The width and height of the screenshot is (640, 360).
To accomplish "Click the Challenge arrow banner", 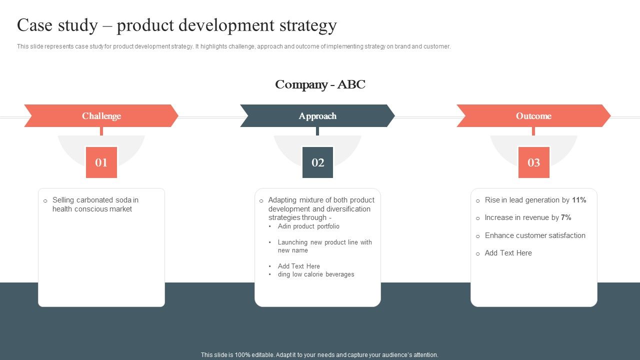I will (101, 116).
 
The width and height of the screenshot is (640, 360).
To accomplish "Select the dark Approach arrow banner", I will (317, 116).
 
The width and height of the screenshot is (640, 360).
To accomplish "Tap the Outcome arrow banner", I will (533, 116).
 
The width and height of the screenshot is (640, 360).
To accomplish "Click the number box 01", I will (101, 162).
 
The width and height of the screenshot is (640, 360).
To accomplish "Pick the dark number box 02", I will (317, 162).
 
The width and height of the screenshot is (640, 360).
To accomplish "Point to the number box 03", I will (533, 162).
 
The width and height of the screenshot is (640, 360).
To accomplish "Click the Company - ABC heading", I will (320, 84).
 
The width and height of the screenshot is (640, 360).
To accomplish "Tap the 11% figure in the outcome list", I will (579, 200).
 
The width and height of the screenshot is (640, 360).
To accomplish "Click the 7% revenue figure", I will (566, 217).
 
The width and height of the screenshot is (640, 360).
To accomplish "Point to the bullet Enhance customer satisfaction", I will (535, 235).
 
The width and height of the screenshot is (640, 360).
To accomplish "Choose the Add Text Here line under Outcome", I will (508, 253).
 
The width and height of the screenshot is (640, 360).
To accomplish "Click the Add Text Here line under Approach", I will (299, 266).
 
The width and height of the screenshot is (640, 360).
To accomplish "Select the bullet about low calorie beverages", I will (316, 274).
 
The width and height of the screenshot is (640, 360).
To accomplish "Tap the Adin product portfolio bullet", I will (308, 226).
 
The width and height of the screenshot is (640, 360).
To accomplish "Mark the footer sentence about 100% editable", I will (319, 355).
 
